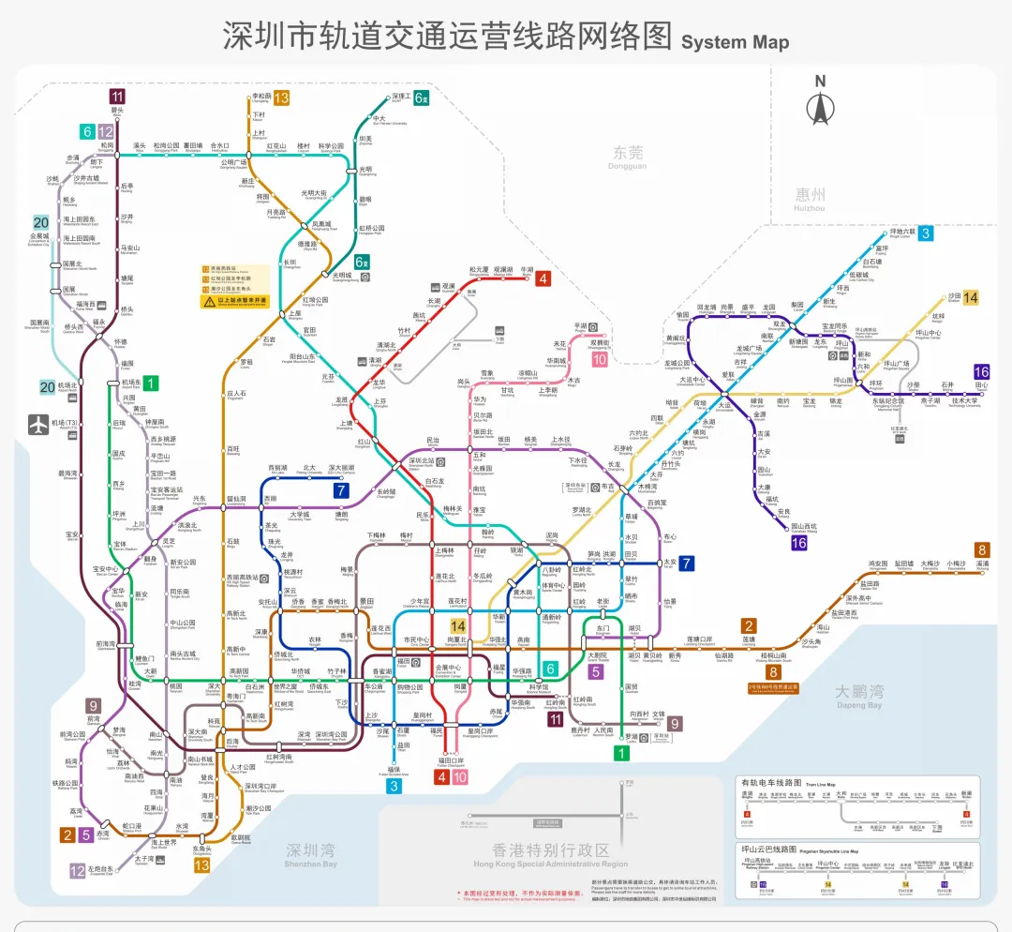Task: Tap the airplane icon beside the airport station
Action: [37, 424]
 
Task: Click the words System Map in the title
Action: [735, 41]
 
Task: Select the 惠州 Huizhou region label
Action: [811, 198]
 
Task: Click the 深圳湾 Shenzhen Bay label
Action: [310, 854]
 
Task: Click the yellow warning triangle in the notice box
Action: [208, 302]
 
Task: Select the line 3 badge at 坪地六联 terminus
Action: [925, 233]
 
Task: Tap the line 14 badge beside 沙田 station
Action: [971, 297]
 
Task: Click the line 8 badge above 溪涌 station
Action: [981, 550]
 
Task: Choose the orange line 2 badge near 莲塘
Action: [749, 626]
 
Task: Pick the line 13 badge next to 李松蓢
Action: [281, 98]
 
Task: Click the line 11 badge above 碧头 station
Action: [117, 96]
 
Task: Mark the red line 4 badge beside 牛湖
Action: [543, 278]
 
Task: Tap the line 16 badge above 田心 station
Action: [981, 372]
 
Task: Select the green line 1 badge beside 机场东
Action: [151, 383]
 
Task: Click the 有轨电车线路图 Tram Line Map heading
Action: [770, 782]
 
